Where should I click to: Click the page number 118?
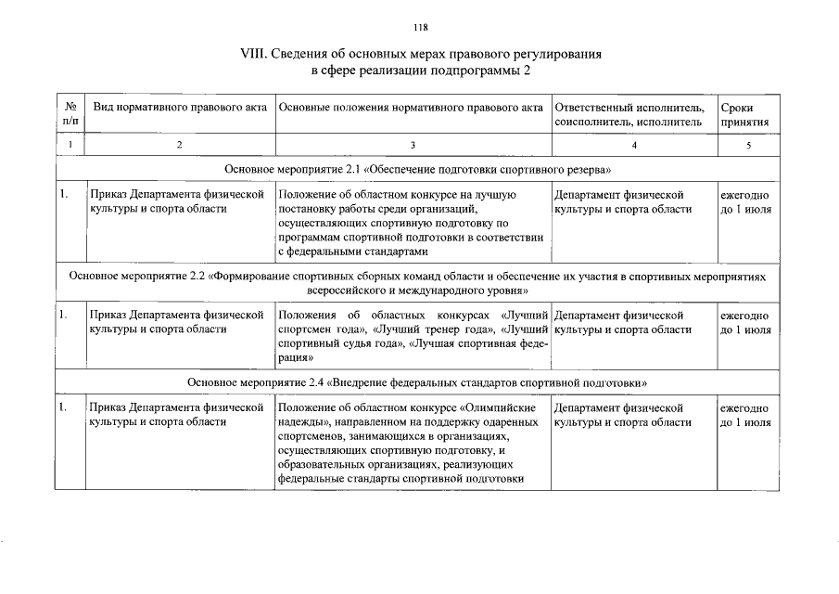(x=421, y=27)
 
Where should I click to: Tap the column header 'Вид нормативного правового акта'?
(x=180, y=108)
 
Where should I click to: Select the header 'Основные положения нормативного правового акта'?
(x=411, y=108)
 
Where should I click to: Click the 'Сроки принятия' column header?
(x=744, y=115)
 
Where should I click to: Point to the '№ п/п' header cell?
(x=70, y=115)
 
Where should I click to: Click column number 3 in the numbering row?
(x=413, y=146)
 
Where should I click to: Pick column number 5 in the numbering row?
(x=747, y=146)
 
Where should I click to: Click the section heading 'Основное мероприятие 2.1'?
(x=418, y=171)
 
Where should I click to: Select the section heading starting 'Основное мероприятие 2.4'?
(x=417, y=382)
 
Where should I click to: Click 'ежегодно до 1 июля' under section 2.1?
(x=745, y=202)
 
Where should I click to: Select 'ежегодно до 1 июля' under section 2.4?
(x=745, y=415)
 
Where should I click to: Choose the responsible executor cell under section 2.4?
(x=623, y=415)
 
